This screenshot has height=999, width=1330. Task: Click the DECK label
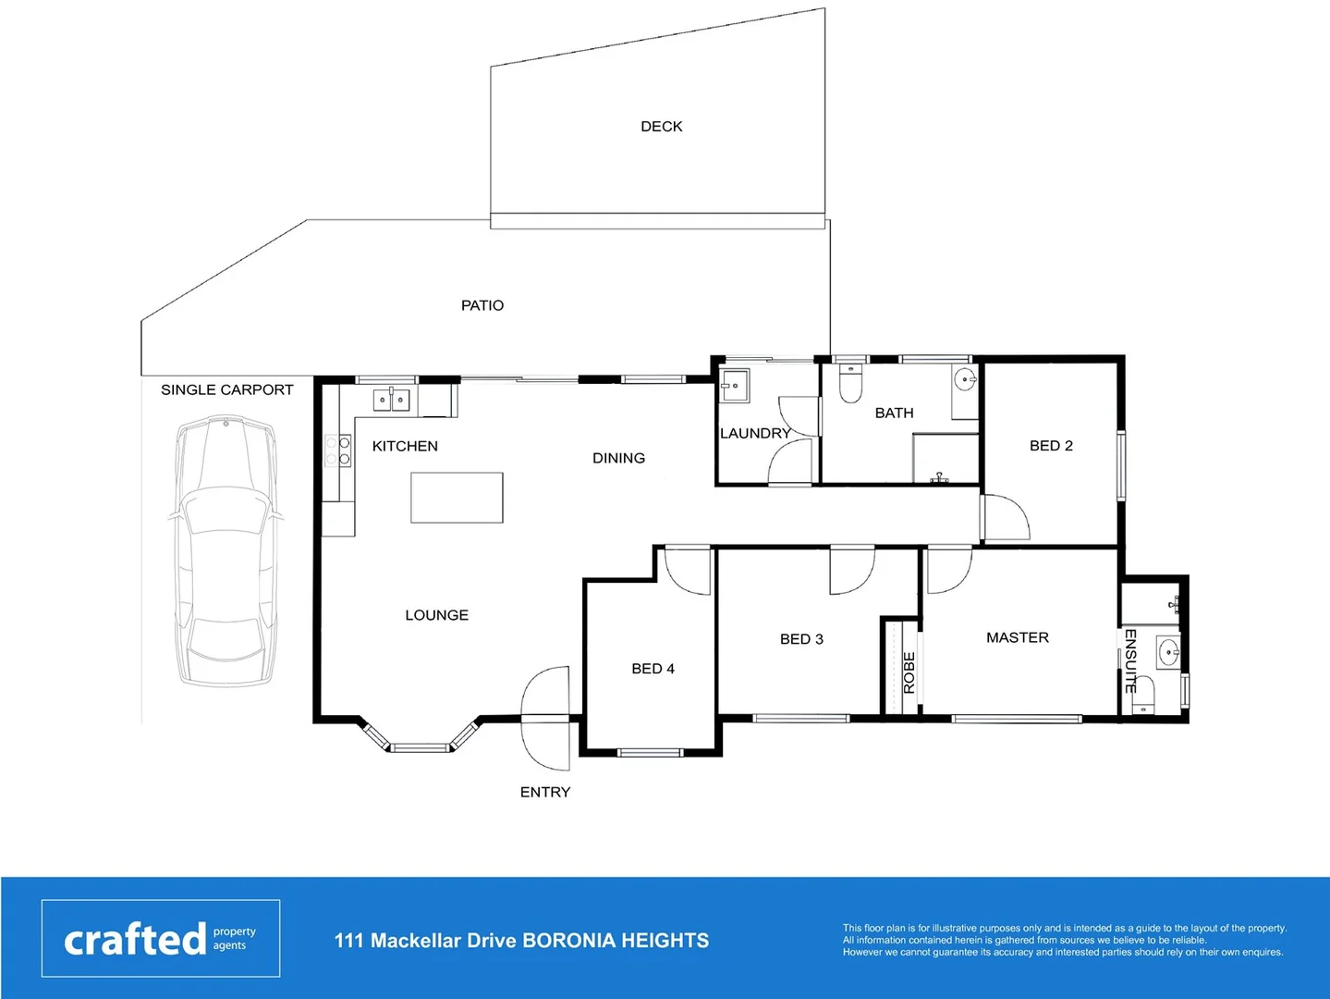tap(661, 127)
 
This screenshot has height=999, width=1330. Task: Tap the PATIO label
tap(482, 305)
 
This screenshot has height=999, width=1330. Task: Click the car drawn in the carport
tap(226, 551)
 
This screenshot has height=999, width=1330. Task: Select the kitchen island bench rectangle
tap(457, 498)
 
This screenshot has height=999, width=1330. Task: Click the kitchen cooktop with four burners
tap(337, 450)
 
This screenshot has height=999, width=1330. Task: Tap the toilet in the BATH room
tap(850, 384)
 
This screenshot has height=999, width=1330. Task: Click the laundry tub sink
tap(736, 385)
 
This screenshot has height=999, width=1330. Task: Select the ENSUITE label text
tap(1129, 660)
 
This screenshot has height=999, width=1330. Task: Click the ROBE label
tap(909, 672)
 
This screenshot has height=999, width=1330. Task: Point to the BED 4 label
tap(653, 669)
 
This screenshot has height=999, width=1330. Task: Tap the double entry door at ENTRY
tap(546, 718)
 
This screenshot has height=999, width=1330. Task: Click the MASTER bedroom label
tap(1017, 637)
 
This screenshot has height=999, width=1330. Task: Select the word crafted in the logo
tap(135, 940)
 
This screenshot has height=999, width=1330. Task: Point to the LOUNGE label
tap(436, 615)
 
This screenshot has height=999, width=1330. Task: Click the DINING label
tap(618, 458)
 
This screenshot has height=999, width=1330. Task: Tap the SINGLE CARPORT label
tap(226, 390)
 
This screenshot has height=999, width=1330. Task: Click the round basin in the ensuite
tap(1167, 653)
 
